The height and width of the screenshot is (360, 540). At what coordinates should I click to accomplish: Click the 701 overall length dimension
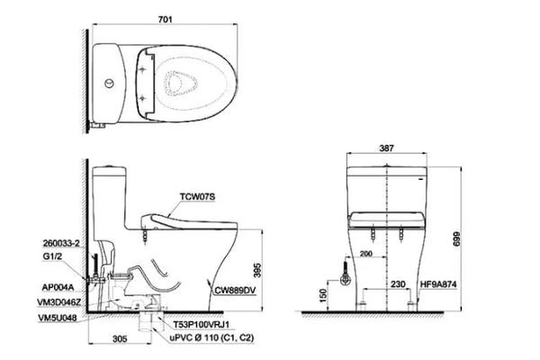165,20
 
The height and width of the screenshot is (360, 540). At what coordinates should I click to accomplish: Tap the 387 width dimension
386,148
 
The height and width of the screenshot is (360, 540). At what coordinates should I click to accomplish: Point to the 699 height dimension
456,238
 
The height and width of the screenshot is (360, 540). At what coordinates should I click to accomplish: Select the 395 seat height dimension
257,270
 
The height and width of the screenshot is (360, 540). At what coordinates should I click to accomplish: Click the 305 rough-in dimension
120,338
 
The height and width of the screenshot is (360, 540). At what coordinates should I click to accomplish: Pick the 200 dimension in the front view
365,254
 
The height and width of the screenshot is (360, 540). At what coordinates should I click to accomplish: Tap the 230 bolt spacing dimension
398,284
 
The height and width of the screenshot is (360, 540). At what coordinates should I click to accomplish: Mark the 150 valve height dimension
323,295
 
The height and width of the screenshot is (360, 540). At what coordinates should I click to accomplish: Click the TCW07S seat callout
197,196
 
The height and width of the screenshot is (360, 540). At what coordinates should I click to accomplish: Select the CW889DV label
235,291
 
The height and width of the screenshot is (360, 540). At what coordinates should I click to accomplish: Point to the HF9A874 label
438,284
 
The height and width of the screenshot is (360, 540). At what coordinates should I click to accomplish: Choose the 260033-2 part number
61,243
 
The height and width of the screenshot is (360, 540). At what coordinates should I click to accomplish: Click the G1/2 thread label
51,256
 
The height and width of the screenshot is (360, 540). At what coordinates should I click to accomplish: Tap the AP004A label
58,287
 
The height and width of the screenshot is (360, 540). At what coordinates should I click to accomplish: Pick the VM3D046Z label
59,302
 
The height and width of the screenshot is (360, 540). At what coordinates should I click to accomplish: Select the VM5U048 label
58,318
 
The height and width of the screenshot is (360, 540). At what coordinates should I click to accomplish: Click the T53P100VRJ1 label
201,325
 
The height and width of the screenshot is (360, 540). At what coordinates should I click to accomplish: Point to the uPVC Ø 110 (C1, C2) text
211,337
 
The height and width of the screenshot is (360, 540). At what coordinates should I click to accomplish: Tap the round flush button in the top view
110,84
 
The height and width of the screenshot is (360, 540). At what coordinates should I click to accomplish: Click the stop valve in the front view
345,279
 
